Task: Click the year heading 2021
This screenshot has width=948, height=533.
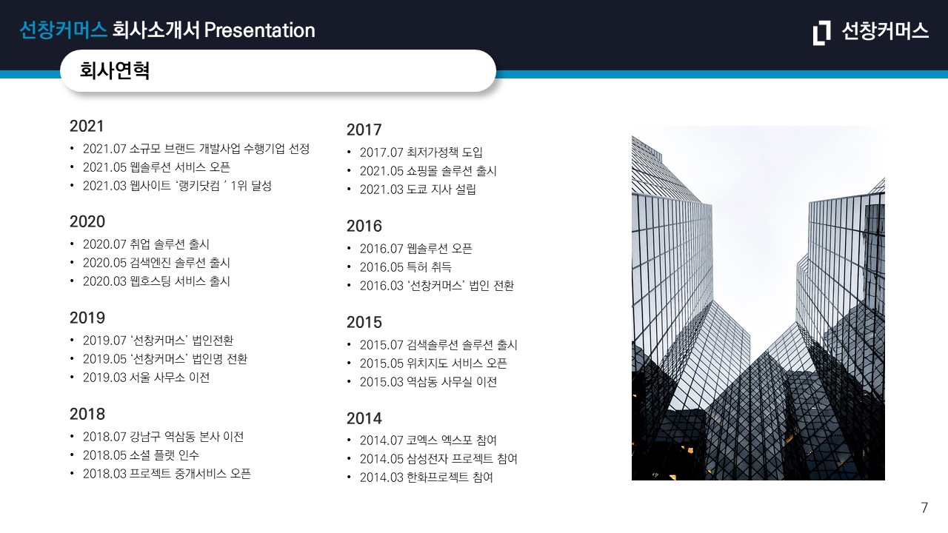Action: [87, 126]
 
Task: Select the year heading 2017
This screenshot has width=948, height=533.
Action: [364, 130]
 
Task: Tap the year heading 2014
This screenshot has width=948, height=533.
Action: [364, 418]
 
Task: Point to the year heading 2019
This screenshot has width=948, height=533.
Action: [87, 318]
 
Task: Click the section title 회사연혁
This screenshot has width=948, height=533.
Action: [115, 70]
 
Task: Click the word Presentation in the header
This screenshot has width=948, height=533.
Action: [259, 30]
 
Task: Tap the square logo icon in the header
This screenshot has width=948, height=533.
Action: [821, 32]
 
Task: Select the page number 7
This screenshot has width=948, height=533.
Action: [924, 508]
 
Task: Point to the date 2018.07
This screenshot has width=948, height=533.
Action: [104, 437]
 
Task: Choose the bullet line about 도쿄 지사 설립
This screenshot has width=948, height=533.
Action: [418, 190]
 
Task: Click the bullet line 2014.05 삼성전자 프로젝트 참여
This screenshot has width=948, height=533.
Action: [438, 459]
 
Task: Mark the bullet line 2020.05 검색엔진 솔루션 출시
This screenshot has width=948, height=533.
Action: [156, 263]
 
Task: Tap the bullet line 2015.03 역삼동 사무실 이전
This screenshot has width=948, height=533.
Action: [428, 382]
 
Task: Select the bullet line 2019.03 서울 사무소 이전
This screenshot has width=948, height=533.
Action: [146, 378]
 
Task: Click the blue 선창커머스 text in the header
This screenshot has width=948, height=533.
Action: [64, 30]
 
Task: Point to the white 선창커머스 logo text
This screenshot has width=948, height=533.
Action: [885, 31]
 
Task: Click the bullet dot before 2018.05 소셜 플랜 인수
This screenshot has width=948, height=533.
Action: [73, 455]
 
